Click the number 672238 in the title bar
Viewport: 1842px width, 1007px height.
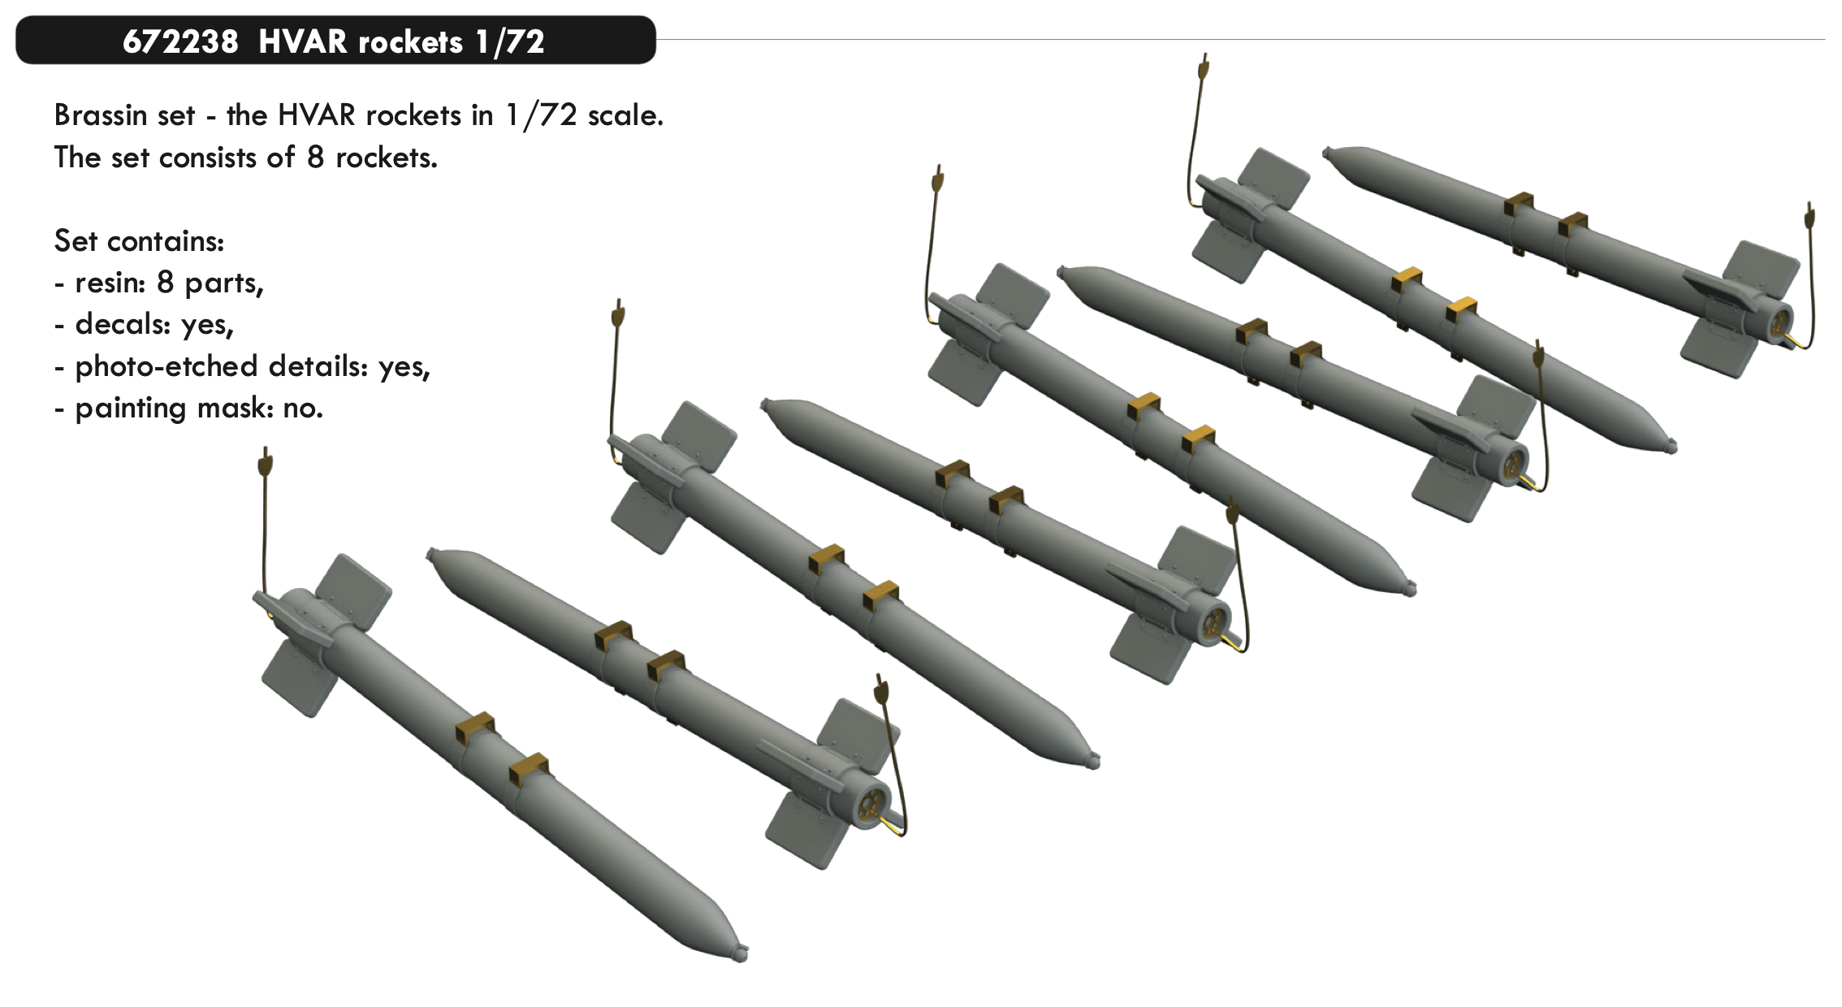180,41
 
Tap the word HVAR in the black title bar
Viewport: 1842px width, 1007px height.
303,41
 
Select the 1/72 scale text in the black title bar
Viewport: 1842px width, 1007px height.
510,41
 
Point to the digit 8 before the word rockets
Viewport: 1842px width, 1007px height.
316,158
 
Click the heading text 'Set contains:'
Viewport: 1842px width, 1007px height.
139,241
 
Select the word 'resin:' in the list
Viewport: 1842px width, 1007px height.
110,283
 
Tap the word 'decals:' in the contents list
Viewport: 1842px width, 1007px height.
123,325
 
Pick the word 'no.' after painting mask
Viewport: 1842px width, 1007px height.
303,408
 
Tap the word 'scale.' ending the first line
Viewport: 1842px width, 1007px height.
625,115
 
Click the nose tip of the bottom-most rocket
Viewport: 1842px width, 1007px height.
742,953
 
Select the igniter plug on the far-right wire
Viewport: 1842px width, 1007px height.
1810,216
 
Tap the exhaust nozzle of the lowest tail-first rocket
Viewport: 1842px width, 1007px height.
871,806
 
